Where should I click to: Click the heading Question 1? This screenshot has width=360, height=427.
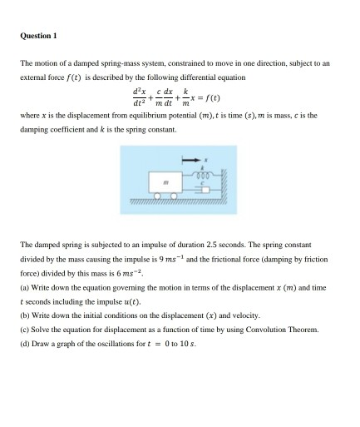(x=38, y=36)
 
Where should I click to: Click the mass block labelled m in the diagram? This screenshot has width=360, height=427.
(x=165, y=181)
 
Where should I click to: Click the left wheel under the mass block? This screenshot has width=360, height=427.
(x=155, y=198)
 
